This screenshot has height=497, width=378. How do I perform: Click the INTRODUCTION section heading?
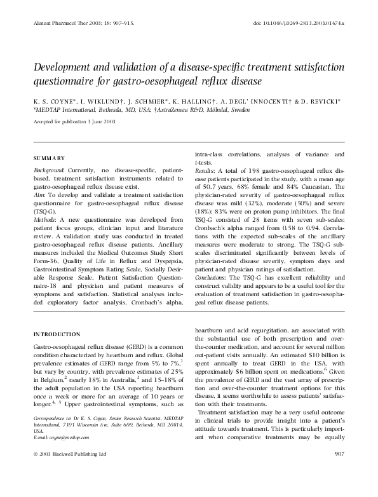57,334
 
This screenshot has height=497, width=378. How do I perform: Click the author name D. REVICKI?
320,100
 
